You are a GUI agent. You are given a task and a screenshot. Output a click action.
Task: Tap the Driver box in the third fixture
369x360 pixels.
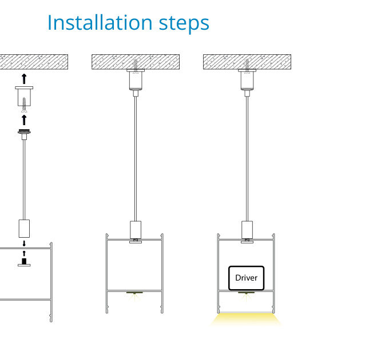click(246, 278)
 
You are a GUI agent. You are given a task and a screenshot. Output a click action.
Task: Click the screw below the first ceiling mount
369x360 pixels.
click(24, 104)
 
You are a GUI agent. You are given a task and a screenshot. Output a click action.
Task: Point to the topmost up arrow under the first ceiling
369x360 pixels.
click(24, 78)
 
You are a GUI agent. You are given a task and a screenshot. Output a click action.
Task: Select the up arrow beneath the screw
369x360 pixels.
click(24, 119)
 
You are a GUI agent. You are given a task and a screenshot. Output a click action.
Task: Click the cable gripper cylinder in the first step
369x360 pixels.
click(24, 228)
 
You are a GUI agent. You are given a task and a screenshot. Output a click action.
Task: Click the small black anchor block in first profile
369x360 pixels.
click(24, 262)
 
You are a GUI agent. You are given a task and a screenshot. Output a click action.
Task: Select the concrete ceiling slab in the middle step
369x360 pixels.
click(136, 62)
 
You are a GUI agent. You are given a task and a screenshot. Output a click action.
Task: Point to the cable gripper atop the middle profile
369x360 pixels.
click(136, 229)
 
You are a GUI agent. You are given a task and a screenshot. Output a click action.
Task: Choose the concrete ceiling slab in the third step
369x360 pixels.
click(247, 62)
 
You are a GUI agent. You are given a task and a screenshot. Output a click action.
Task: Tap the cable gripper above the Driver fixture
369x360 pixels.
click(247, 229)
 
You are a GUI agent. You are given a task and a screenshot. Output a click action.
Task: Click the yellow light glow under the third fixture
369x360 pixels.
click(247, 319)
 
